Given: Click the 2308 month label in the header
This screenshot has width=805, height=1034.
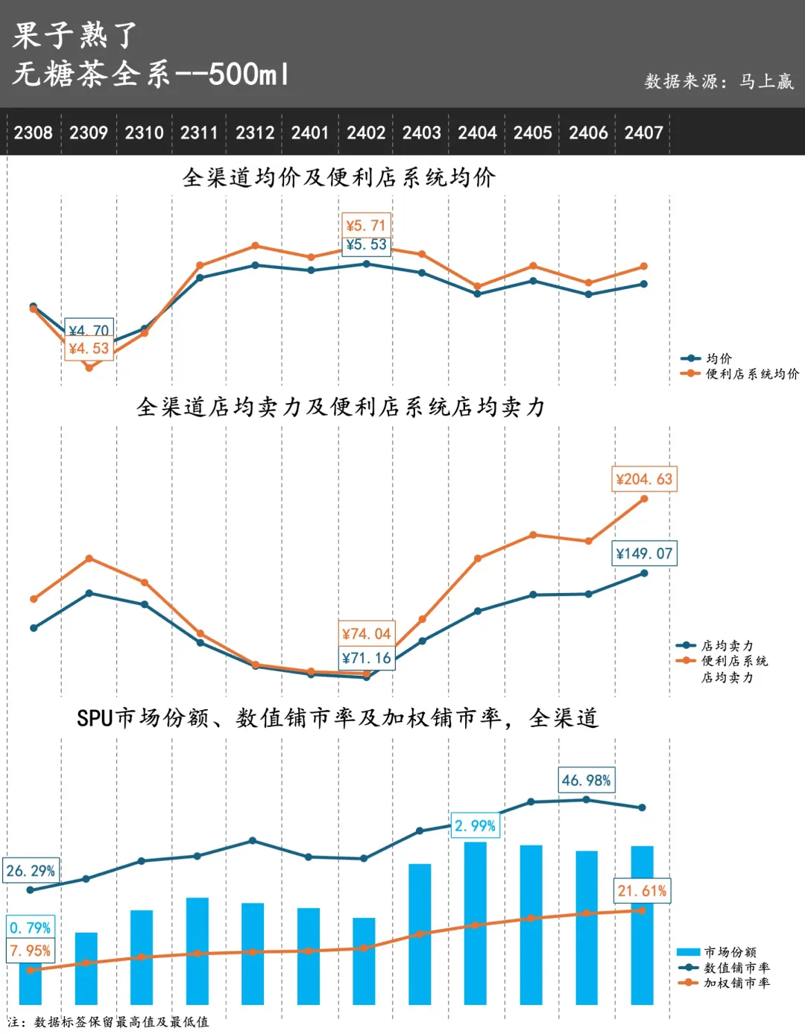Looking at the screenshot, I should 34,133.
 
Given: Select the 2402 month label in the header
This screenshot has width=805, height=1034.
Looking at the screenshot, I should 366,133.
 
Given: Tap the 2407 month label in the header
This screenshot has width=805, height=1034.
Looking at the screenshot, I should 644,133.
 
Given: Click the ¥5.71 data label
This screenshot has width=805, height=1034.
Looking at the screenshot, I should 366,225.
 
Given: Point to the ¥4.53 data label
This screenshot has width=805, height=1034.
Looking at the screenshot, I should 89,349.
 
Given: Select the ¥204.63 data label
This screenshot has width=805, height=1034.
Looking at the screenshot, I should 644,479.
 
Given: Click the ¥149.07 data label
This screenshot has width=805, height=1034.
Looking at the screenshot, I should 644,554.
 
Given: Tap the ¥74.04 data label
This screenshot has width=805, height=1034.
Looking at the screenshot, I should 366,634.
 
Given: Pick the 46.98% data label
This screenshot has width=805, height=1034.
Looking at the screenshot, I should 587,780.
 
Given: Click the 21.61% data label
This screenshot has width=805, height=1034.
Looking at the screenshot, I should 642,891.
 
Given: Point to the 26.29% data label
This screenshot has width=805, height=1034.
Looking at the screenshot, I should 31,871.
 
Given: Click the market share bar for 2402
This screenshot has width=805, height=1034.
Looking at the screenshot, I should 364,961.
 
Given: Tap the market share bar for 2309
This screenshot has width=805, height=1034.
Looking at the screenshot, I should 86,968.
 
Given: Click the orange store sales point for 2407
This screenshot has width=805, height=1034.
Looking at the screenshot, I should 644,499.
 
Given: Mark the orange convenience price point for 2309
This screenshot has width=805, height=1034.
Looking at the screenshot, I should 89,367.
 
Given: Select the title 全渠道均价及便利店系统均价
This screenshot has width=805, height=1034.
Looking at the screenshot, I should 339,177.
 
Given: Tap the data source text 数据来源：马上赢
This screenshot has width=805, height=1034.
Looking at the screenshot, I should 719,81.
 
